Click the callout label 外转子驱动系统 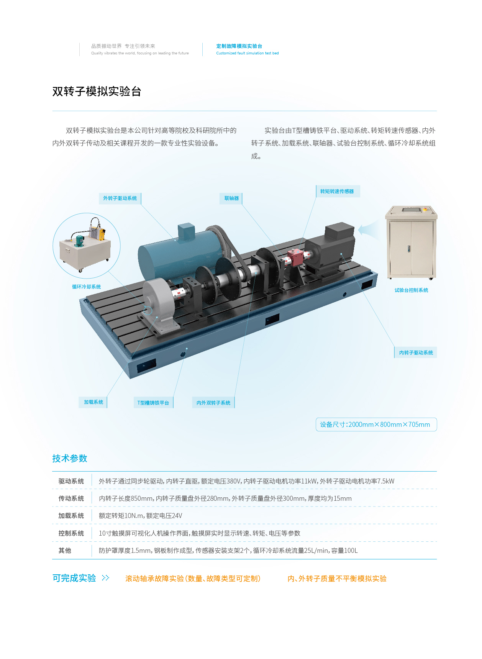(x=120, y=198)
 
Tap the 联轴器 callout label (x=231, y=198)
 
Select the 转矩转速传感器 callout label (x=337, y=192)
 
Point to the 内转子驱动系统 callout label (x=416, y=352)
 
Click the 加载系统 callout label (x=93, y=402)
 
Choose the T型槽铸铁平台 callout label (x=153, y=403)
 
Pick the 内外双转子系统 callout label (x=213, y=403)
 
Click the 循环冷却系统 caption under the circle (x=87, y=287)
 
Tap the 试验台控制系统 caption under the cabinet (x=412, y=290)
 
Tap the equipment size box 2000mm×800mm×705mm (x=376, y=425)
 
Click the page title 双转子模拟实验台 (x=97, y=92)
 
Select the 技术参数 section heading (x=70, y=458)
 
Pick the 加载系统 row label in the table (x=71, y=516)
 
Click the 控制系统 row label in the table (x=71, y=533)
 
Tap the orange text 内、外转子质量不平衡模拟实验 (x=337, y=579)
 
